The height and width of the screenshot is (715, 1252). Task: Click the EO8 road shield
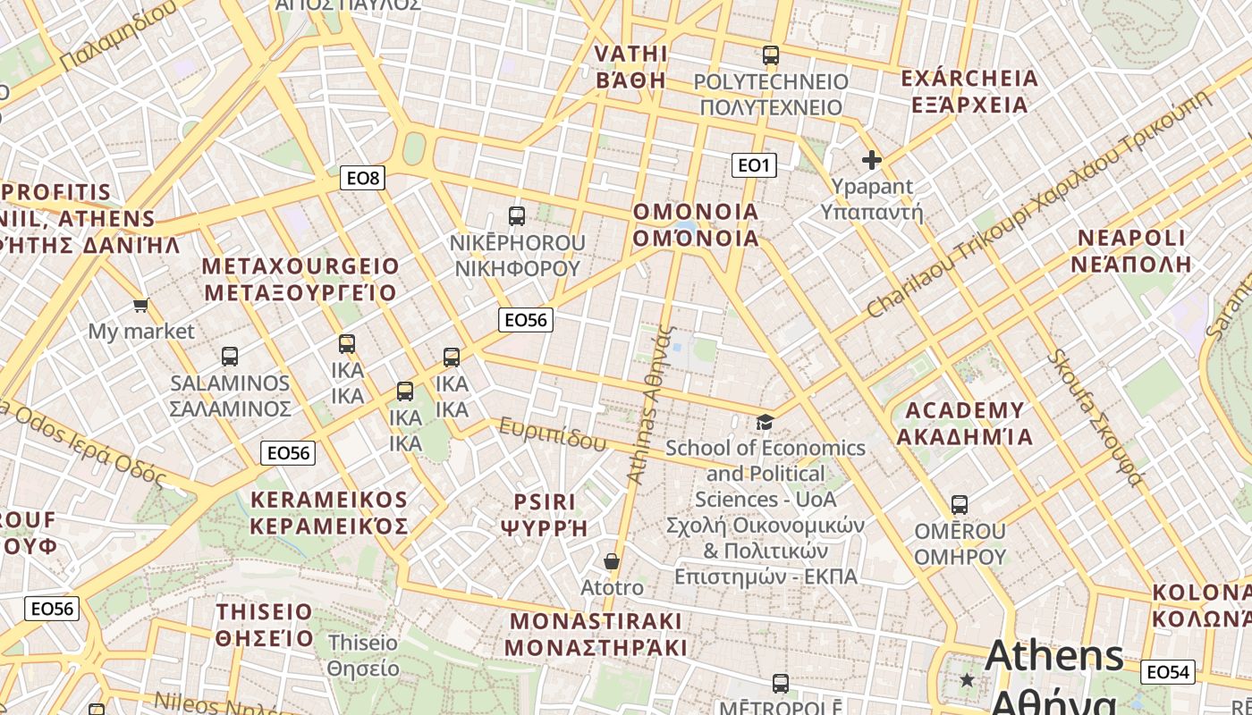click(363, 178)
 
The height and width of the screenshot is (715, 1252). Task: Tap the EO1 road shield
click(754, 164)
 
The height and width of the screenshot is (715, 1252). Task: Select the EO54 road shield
click(1168, 672)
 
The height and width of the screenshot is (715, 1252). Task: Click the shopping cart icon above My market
click(140, 306)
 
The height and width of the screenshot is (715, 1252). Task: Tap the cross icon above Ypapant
click(871, 160)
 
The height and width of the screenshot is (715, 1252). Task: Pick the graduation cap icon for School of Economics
click(765, 422)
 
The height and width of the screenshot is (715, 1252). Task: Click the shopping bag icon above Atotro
click(612, 561)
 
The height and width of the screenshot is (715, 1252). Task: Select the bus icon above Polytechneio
click(771, 55)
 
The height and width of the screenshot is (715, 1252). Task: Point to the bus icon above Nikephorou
click(517, 215)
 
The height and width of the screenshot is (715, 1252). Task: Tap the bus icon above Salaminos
click(230, 357)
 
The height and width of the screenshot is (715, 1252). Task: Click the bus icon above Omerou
click(960, 505)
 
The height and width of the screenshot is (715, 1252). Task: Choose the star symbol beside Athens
click(967, 680)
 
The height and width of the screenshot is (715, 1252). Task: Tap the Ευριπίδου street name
click(553, 433)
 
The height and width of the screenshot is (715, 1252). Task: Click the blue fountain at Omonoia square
click(686, 227)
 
